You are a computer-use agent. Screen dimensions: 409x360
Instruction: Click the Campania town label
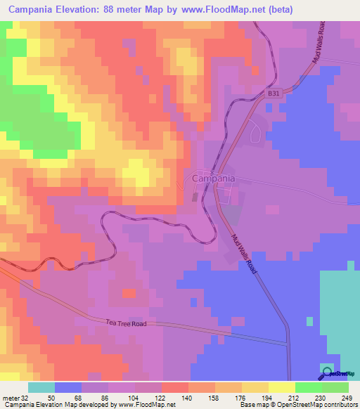pyautogui.click(x=213, y=179)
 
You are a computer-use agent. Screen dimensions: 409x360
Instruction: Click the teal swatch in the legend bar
pyautogui.click(x=41, y=387)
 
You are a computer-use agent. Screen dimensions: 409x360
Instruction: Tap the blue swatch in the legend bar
pyautogui.click(x=68, y=387)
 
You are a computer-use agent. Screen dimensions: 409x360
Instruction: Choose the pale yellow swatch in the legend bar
pyautogui.click(x=281, y=387)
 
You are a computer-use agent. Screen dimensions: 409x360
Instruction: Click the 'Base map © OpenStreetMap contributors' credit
pyautogui.click(x=299, y=405)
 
